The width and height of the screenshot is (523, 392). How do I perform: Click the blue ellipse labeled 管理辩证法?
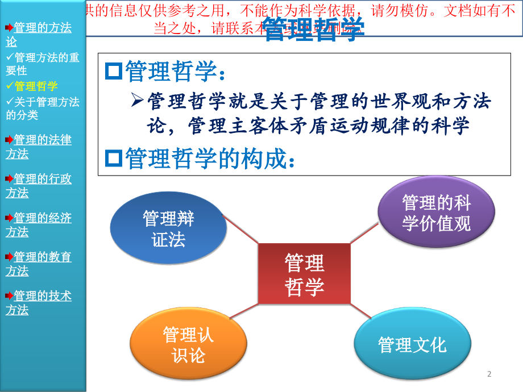(x=168, y=228)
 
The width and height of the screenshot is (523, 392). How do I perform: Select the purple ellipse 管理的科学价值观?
(x=436, y=212)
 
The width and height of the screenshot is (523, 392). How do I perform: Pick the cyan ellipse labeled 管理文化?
(x=412, y=344)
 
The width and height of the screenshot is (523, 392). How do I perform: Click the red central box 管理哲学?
(x=304, y=274)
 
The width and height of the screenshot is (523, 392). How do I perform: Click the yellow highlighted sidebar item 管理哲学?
(x=36, y=86)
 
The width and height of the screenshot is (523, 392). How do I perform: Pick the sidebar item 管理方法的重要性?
(x=43, y=64)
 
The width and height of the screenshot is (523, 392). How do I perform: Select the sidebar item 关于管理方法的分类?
(x=43, y=108)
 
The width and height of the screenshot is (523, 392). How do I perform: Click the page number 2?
(x=489, y=374)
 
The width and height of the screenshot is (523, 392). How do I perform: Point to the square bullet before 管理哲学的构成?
(x=114, y=159)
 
